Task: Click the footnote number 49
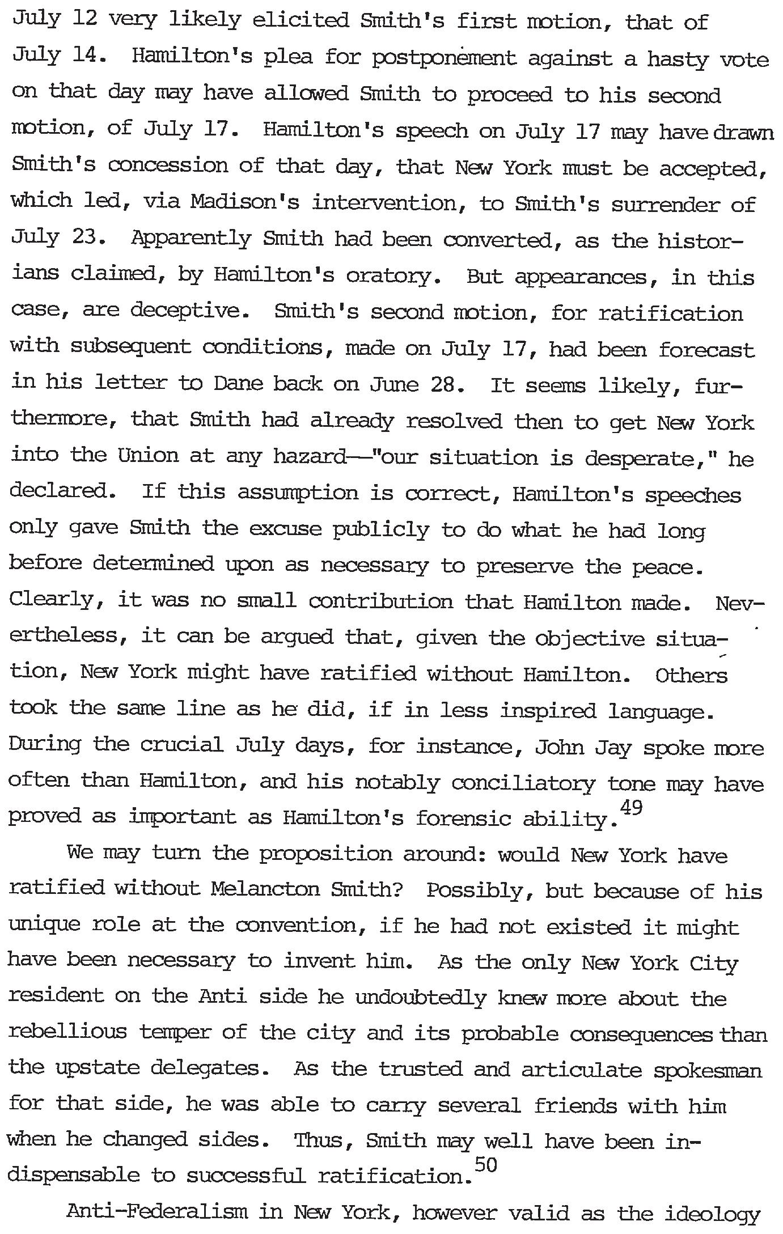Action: [631, 807]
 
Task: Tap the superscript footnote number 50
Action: [485, 1164]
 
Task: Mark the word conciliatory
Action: [523, 783]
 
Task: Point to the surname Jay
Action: [612, 748]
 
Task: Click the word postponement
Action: [445, 59]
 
